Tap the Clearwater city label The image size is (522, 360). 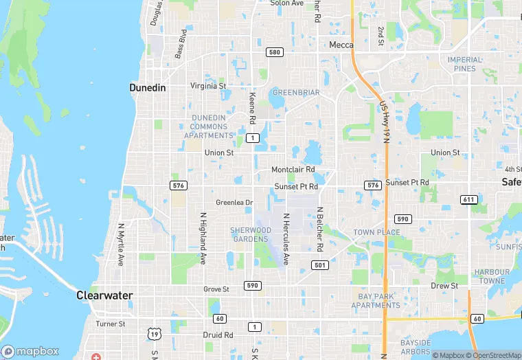pos(104,295)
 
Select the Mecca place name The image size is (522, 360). pos(341,45)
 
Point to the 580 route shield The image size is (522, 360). pos(275,52)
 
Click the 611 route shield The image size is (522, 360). pos(469,200)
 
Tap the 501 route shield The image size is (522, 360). pos(319,265)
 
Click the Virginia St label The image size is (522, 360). pos(208,86)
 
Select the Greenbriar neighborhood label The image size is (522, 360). pos(296,92)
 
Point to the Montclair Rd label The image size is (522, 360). pos(293,169)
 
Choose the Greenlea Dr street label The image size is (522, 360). pos(234,203)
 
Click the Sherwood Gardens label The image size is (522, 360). pos(250,234)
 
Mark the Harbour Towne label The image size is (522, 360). pos(492,276)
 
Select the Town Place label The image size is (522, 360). pos(376,232)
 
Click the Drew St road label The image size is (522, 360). pos(444,286)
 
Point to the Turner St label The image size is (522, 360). pos(111,324)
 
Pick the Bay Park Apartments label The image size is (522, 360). pos(374,301)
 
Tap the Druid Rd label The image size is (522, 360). pos(218,335)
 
